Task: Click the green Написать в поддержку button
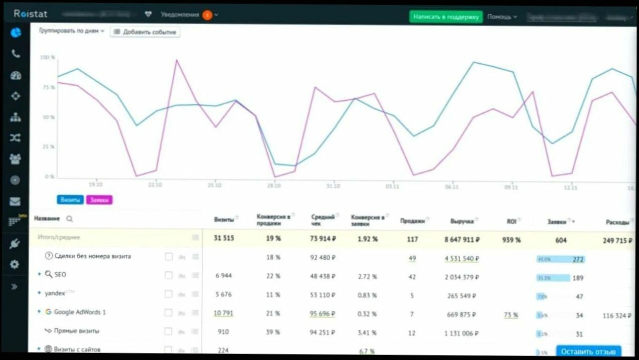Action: pyautogui.click(x=446, y=17)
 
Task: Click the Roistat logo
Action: pyautogui.click(x=31, y=14)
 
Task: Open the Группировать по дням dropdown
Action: pyautogui.click(x=72, y=31)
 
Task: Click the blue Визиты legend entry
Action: pyautogui.click(x=70, y=200)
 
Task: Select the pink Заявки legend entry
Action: pyautogui.click(x=99, y=200)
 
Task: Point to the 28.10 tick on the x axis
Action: pyautogui.click(x=274, y=186)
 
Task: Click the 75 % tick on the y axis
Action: pyautogui.click(x=48, y=87)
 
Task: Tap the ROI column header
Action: pyautogui.click(x=511, y=221)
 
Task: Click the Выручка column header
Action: pyautogui.click(x=461, y=221)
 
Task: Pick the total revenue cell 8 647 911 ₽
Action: pyautogui.click(x=462, y=240)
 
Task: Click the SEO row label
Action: pyautogui.click(x=60, y=275)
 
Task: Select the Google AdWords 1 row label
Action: pyautogui.click(x=80, y=312)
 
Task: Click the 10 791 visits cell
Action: pyautogui.click(x=223, y=313)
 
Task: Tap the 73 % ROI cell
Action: pyautogui.click(x=511, y=315)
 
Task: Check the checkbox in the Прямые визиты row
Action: pyautogui.click(x=169, y=331)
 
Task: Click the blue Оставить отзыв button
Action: pyautogui.click(x=588, y=351)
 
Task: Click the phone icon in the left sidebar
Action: pyautogui.click(x=16, y=54)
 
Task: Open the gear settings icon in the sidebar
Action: pyautogui.click(x=15, y=264)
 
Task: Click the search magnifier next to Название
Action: pyautogui.click(x=69, y=219)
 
